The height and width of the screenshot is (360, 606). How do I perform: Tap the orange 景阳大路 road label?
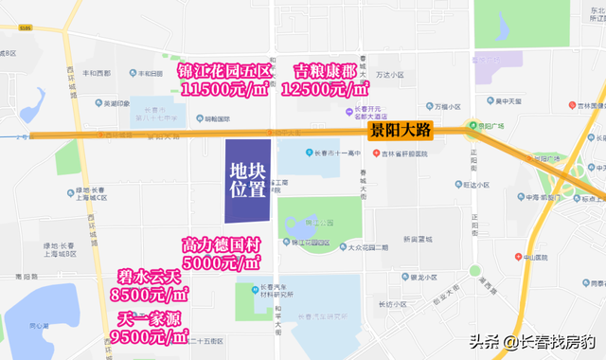coord(400,131)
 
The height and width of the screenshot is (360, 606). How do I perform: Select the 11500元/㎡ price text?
coord(225,90)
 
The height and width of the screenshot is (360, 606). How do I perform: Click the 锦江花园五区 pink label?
coord(225,70)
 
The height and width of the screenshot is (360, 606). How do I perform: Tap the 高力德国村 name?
coord(222,243)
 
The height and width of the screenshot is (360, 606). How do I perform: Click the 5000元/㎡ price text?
coord(222,262)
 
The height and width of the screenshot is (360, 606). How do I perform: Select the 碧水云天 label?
coord(151,276)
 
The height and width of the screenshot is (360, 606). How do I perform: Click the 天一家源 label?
coord(151,316)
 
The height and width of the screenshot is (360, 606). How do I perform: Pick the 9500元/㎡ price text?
coord(151,335)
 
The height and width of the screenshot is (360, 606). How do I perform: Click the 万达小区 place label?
coord(390,74)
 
